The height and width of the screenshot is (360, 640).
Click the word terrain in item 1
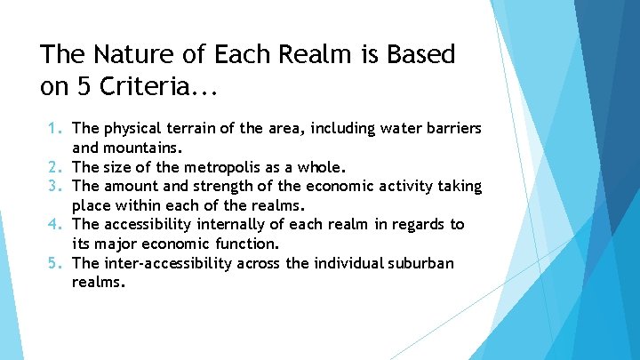pos(188,129)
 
